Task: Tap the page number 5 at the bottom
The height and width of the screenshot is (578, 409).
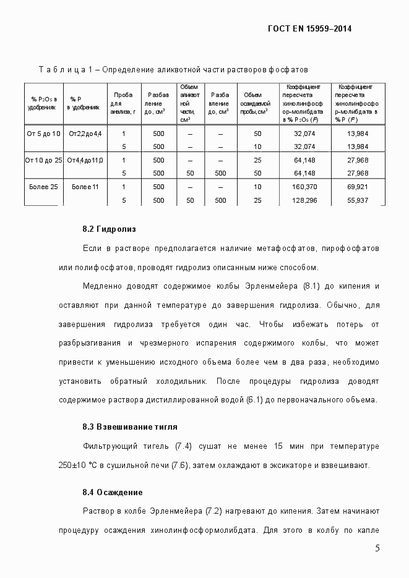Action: tap(378, 549)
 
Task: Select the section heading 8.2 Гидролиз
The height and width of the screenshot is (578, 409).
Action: tap(108, 229)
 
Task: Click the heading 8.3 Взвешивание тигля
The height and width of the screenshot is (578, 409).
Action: tap(130, 427)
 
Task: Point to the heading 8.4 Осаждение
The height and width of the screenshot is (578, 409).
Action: tap(113, 493)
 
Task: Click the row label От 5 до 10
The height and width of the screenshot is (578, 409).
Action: tap(43, 134)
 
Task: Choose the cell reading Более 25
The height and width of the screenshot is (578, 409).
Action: tap(43, 187)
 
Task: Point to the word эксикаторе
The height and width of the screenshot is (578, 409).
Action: tap(300, 465)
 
